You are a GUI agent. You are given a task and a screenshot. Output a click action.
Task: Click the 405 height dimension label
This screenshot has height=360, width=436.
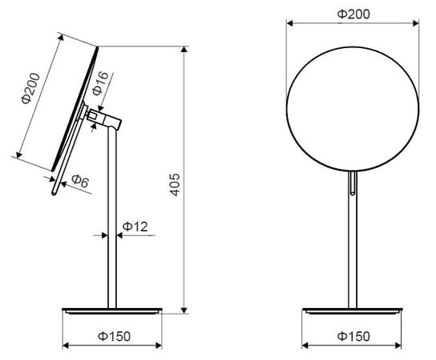click(x=175, y=184)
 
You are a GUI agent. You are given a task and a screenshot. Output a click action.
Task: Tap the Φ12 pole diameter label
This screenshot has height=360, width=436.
click(x=135, y=227)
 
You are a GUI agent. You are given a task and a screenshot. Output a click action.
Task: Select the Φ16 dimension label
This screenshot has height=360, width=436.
click(x=100, y=83)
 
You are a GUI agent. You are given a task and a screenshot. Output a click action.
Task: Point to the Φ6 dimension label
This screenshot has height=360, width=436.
click(x=80, y=181)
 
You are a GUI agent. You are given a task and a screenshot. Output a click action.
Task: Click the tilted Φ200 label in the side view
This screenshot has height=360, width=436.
click(x=30, y=88)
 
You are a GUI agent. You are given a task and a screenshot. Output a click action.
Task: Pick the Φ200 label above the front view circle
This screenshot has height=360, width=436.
click(x=353, y=14)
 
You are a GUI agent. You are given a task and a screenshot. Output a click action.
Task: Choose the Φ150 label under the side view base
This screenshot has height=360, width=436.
click(x=114, y=337)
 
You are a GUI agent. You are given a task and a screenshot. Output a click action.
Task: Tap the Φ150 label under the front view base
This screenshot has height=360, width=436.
click(x=353, y=337)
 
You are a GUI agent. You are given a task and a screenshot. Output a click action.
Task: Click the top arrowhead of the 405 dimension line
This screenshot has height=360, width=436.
click(x=184, y=49)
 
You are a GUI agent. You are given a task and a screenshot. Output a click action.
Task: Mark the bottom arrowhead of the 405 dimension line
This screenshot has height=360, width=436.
click(x=184, y=310)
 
